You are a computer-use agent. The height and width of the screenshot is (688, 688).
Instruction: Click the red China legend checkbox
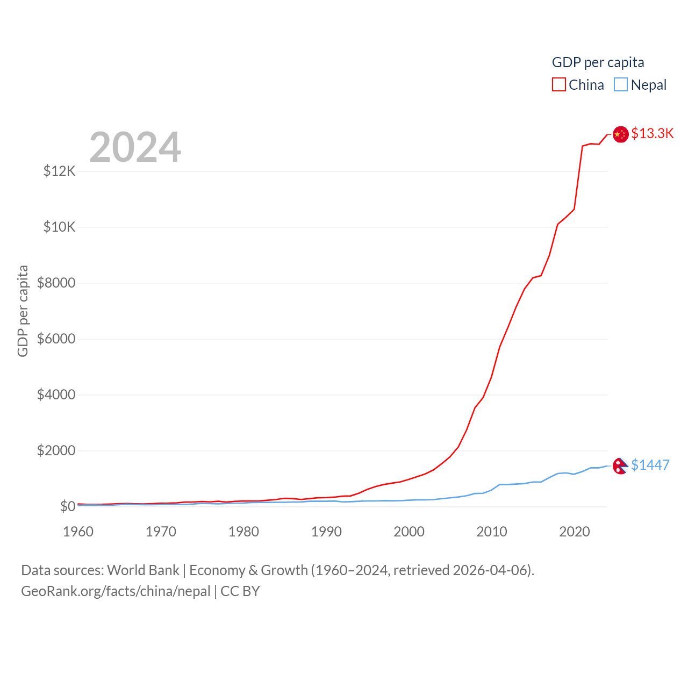[x=559, y=85]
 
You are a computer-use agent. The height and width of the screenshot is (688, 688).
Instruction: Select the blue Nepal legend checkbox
[x=621, y=85]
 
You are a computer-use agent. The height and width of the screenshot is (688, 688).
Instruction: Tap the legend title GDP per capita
[x=598, y=62]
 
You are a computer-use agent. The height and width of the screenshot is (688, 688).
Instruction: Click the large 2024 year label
[x=135, y=147]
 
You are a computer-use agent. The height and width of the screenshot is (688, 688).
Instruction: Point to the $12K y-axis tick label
[x=60, y=171]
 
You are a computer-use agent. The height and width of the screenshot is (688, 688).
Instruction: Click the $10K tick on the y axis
[x=60, y=227]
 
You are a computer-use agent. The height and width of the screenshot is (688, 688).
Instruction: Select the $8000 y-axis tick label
[x=56, y=283]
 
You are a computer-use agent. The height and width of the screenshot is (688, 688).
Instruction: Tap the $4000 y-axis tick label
[x=56, y=395]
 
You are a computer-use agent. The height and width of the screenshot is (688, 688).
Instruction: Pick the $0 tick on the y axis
[x=68, y=506]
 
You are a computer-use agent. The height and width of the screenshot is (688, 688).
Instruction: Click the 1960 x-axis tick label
[x=78, y=532]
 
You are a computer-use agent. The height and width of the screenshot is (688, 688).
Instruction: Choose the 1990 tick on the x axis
[x=326, y=532]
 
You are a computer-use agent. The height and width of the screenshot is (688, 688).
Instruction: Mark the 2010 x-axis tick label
[x=492, y=532]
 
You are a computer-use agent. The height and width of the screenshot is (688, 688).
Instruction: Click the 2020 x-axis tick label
[x=575, y=532]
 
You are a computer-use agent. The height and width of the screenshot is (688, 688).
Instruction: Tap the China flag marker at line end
[x=621, y=134]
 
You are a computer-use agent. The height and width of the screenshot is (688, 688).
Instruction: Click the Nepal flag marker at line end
[x=620, y=466]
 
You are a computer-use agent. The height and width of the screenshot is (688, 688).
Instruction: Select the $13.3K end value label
[x=652, y=133]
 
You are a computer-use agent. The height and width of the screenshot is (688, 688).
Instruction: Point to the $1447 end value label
[x=650, y=465]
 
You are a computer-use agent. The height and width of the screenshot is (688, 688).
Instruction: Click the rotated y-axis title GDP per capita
[x=23, y=311]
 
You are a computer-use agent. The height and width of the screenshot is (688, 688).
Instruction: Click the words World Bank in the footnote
[x=143, y=570]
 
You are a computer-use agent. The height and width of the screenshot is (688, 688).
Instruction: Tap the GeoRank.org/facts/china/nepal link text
[x=116, y=591]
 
